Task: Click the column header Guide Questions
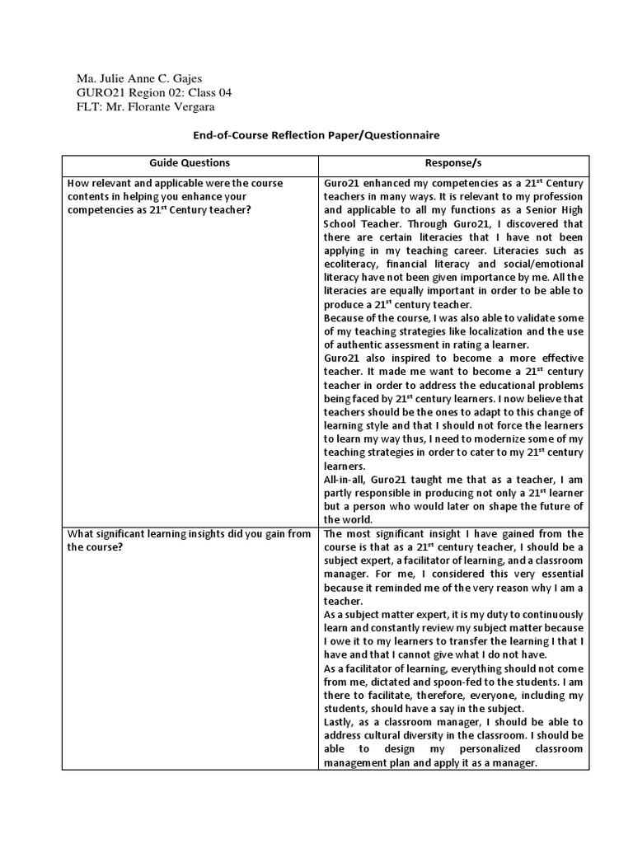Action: tap(190, 163)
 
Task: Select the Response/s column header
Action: tap(453, 163)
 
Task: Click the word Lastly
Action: tap(341, 721)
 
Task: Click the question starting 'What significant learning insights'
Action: tap(190, 540)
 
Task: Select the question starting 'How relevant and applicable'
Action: tap(175, 196)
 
